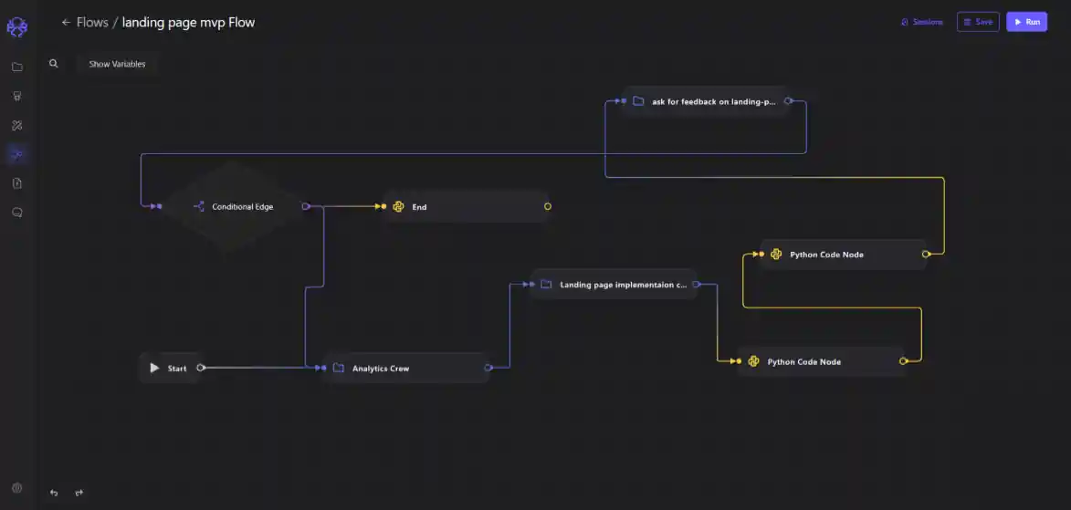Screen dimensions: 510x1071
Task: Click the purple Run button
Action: (1026, 22)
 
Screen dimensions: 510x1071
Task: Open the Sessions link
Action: (922, 22)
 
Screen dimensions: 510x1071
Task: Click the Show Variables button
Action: (117, 64)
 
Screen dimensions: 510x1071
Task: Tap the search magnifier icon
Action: (54, 64)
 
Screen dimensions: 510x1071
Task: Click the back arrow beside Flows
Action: (66, 22)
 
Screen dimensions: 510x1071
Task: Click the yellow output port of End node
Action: (548, 207)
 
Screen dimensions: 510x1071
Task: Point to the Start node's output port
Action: (201, 368)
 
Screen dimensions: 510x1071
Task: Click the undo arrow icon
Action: (54, 493)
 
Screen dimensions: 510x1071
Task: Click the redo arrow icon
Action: (79, 493)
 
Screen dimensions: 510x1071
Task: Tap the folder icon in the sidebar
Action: (17, 67)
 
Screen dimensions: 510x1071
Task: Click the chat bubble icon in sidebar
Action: (17, 213)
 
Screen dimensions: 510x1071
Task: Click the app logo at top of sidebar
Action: (17, 27)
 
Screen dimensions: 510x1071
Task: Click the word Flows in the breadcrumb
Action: (92, 22)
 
